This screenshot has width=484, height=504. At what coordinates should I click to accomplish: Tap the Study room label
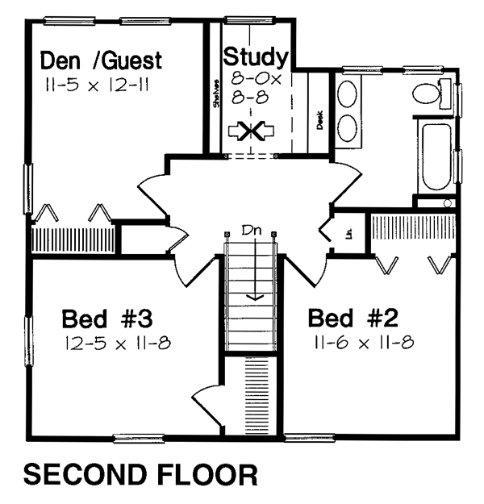[255, 57]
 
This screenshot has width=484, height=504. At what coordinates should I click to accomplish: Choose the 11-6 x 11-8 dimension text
[361, 343]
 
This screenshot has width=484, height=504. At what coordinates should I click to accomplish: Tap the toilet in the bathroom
[428, 94]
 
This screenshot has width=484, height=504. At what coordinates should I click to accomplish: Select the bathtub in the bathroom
[438, 157]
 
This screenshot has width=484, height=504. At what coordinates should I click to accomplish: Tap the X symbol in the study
[252, 131]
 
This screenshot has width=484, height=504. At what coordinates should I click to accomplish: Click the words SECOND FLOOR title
[140, 475]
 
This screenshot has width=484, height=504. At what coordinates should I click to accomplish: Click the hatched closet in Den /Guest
[74, 240]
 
